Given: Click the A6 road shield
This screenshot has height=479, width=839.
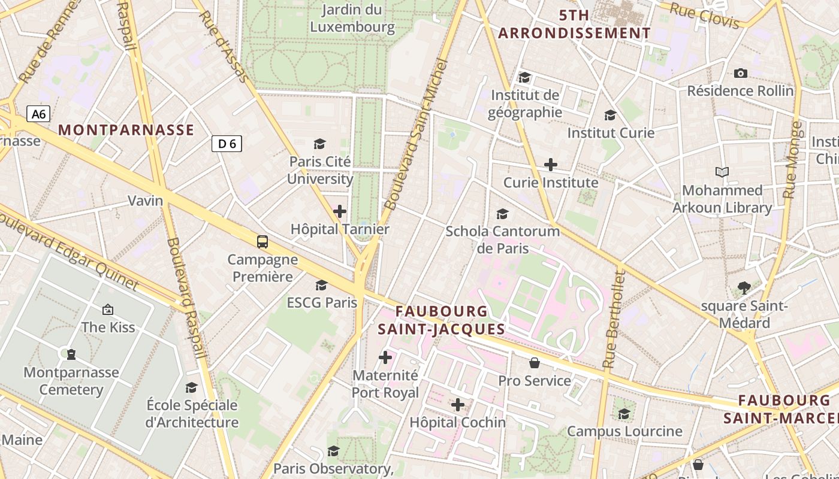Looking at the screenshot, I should pyautogui.click(x=38, y=114).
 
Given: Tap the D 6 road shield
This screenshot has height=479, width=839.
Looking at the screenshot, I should pyautogui.click(x=227, y=143).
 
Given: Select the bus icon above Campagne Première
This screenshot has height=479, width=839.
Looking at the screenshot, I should pyautogui.click(x=262, y=242).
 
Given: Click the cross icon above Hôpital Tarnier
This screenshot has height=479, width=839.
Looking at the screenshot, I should pyautogui.click(x=340, y=211).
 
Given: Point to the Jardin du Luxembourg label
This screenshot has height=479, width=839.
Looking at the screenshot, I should pyautogui.click(x=352, y=18).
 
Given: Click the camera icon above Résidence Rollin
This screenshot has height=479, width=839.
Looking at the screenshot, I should pyautogui.click(x=741, y=74).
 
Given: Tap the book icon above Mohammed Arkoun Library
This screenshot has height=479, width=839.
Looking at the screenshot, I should pyautogui.click(x=722, y=172).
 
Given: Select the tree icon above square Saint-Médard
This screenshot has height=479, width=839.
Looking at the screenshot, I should pyautogui.click(x=744, y=288).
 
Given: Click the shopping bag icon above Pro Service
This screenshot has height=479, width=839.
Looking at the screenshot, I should pyautogui.click(x=535, y=363).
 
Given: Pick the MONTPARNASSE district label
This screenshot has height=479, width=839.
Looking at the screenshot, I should pyautogui.click(x=126, y=130).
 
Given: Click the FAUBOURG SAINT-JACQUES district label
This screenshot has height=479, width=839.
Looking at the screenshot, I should pyautogui.click(x=442, y=320).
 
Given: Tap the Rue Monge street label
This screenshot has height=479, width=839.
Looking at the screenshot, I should pyautogui.click(x=792, y=160).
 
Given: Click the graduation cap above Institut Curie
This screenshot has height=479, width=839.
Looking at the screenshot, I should pyautogui.click(x=610, y=115).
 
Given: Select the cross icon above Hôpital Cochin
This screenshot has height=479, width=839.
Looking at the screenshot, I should pyautogui.click(x=458, y=405).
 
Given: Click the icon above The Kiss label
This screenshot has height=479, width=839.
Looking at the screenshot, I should pyautogui.click(x=108, y=310).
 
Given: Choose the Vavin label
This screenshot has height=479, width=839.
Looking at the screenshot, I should pyautogui.click(x=146, y=201).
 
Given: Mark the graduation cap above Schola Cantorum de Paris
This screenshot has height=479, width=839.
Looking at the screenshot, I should pyautogui.click(x=502, y=214).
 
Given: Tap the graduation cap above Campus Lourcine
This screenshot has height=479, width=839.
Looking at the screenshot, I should pyautogui.click(x=624, y=414).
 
